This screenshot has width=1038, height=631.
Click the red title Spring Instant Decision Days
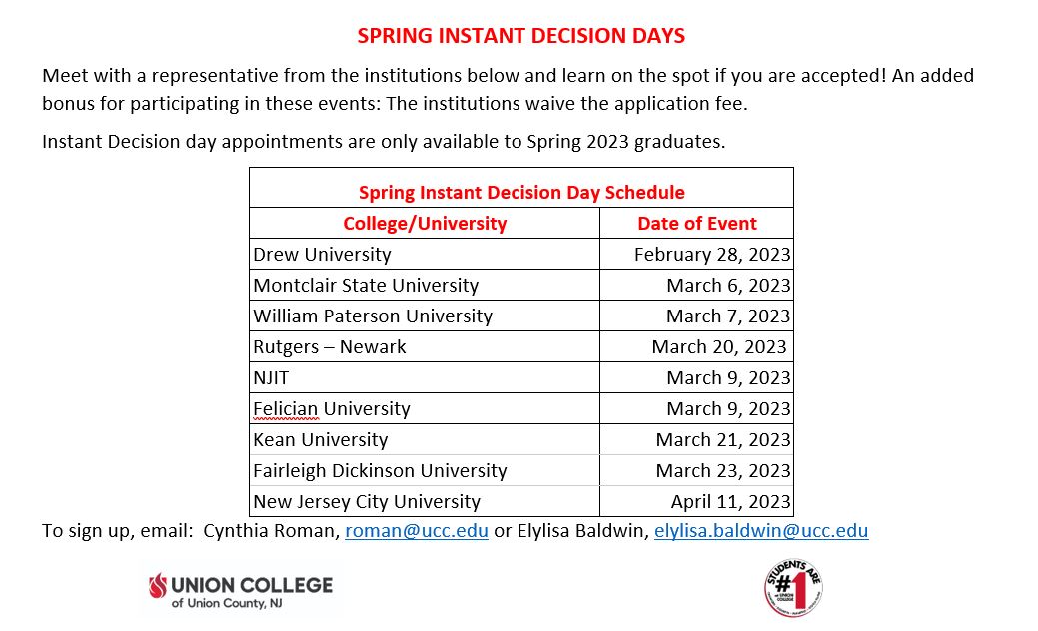click(520, 36)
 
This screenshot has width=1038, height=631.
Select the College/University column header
click(425, 224)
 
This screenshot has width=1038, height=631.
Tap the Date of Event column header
click(697, 224)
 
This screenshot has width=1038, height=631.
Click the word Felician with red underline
click(286, 409)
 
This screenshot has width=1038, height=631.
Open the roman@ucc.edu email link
click(417, 531)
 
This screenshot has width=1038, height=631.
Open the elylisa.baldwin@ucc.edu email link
click(761, 531)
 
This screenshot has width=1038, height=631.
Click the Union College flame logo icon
click(158, 585)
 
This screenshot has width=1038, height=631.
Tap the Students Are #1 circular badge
click(793, 587)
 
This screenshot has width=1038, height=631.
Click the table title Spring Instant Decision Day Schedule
click(521, 193)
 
